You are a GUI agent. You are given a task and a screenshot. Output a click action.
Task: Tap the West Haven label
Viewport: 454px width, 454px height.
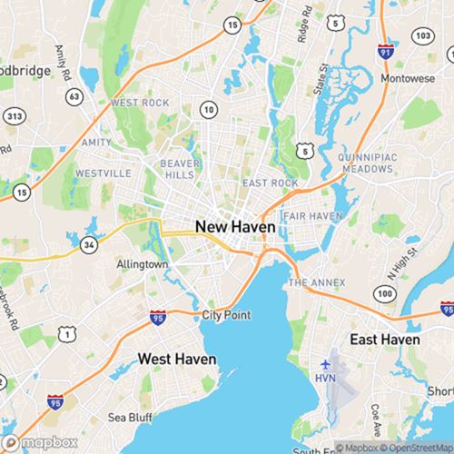coord(177,360)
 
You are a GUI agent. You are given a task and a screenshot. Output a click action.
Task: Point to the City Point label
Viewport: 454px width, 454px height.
coord(226,315)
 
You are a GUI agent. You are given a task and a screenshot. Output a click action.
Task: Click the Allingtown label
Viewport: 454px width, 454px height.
coord(143,264)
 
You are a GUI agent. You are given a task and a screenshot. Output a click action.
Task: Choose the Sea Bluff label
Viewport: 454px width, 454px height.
coord(129,418)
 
